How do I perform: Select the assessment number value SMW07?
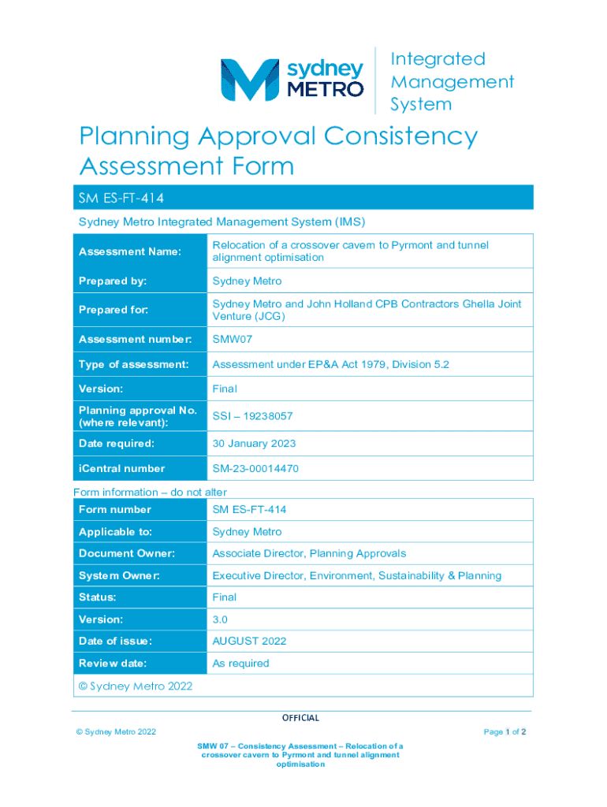pos(233,340)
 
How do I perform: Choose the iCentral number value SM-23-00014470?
pos(255,469)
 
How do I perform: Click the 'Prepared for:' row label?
pos(114,310)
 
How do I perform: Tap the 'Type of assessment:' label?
pos(133,365)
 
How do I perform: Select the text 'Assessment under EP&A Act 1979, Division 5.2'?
pos(331,365)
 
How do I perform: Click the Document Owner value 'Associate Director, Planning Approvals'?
pos(309,553)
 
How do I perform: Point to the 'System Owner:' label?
pos(118,575)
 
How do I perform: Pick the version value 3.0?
pos(220,619)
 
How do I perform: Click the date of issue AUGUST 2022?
pos(249,642)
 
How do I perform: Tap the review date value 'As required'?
pos(240,664)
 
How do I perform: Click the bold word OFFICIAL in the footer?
pos(300,718)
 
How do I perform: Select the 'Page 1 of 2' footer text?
pos(505,732)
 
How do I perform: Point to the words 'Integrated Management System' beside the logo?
pos(452,81)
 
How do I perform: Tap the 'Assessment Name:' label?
pos(129,251)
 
